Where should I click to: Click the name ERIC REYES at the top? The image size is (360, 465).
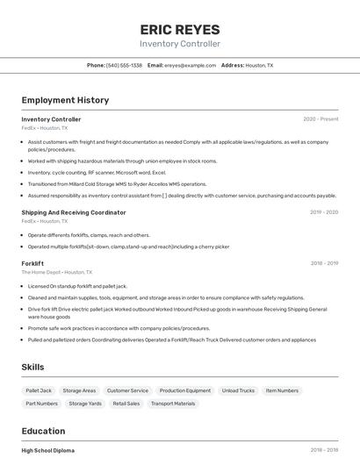(x=180, y=29)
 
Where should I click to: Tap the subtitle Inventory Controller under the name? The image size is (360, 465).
(x=180, y=44)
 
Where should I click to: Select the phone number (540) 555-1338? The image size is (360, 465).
(x=124, y=65)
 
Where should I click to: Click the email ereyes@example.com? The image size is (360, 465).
(x=190, y=65)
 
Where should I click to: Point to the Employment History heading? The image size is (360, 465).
(x=65, y=100)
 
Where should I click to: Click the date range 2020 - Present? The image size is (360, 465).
(x=320, y=119)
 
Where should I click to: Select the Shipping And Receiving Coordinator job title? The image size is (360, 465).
(x=74, y=212)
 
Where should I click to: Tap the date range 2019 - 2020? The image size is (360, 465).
(x=324, y=212)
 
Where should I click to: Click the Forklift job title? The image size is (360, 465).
(x=32, y=263)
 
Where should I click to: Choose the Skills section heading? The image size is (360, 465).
(x=32, y=367)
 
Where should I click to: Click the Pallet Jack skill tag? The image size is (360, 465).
(x=39, y=390)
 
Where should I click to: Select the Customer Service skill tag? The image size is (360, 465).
(x=127, y=390)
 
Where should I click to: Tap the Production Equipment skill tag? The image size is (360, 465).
(x=185, y=390)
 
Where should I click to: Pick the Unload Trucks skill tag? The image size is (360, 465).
(x=238, y=390)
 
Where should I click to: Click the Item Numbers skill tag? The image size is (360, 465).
(x=282, y=390)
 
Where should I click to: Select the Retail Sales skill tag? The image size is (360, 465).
(x=126, y=404)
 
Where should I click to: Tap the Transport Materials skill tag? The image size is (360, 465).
(x=173, y=404)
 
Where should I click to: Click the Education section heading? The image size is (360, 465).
(x=43, y=431)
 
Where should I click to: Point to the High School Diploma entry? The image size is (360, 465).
(x=48, y=450)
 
